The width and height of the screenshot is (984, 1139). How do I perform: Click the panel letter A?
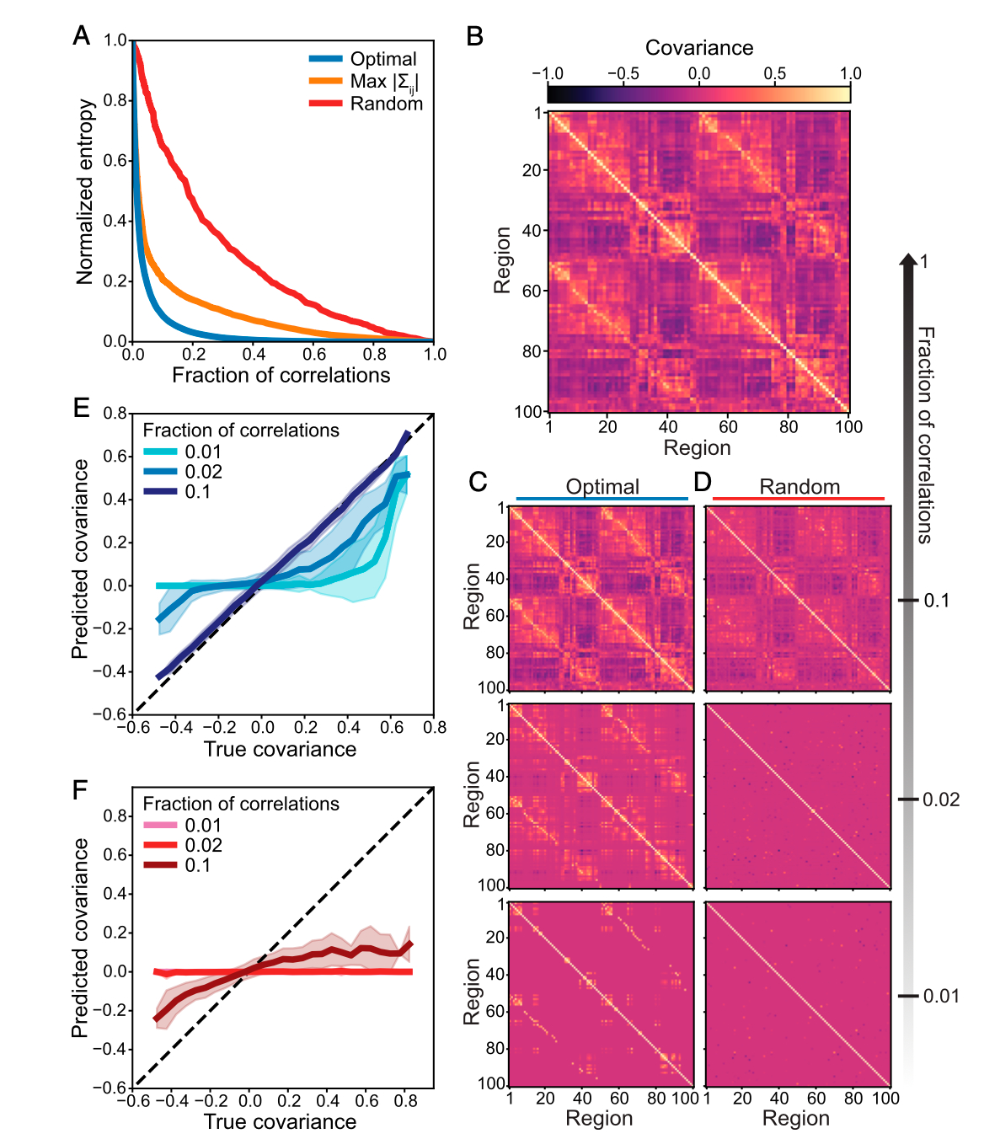coord(82,35)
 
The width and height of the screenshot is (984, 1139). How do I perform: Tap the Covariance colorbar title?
coord(698,48)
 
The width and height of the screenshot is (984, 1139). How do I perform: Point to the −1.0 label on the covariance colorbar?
coord(548,74)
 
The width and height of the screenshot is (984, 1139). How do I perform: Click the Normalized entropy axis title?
coord(85,192)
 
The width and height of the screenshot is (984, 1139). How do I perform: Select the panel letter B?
coord(475,37)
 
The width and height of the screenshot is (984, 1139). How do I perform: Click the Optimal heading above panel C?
coord(602,487)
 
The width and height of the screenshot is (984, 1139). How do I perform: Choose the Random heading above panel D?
coord(799,487)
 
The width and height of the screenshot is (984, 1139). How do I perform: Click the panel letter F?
coord(81,790)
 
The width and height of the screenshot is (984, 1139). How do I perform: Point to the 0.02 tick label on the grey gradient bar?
coord(941,799)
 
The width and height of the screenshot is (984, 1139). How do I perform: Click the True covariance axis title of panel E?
coord(280,749)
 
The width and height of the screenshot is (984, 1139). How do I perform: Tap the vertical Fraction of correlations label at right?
coord(925,435)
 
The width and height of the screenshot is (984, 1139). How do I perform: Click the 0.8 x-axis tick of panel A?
coord(374,355)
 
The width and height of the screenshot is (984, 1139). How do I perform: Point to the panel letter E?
coord(81,409)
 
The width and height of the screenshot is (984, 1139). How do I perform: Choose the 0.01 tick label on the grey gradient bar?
coord(941,997)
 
